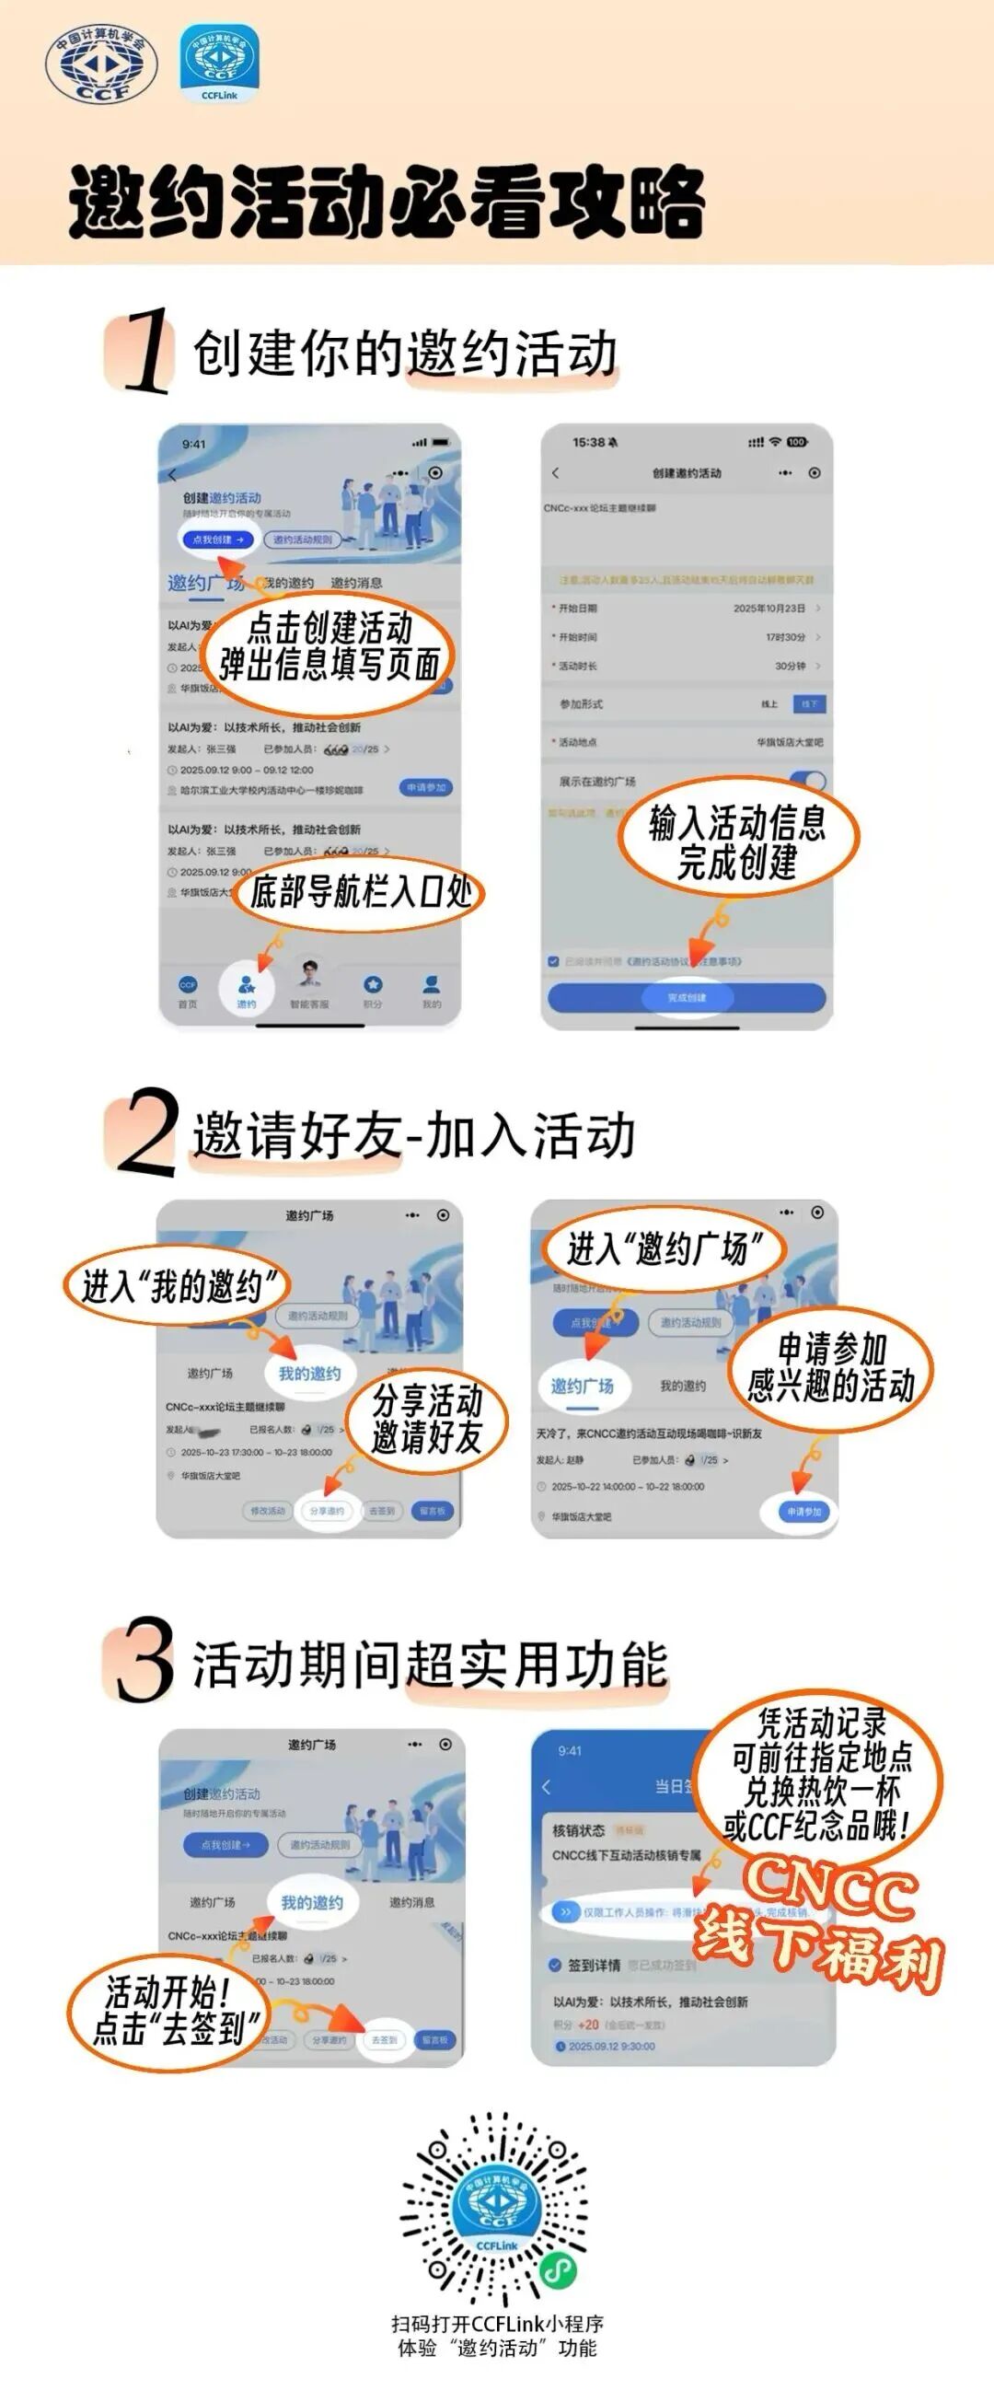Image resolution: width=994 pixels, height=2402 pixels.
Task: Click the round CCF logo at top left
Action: click(100, 64)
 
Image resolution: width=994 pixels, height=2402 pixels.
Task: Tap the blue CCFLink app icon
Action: click(219, 63)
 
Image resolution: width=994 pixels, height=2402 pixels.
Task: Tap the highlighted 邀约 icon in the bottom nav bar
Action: click(246, 990)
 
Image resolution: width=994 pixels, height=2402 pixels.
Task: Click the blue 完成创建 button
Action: click(687, 997)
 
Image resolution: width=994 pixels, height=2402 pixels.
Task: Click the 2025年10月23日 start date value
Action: click(769, 608)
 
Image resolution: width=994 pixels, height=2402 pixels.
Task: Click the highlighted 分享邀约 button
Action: click(327, 1511)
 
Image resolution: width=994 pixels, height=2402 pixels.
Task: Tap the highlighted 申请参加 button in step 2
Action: click(802, 1512)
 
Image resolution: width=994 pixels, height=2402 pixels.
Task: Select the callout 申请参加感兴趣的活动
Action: click(830, 1367)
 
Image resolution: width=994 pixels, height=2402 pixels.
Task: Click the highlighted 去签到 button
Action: click(384, 2039)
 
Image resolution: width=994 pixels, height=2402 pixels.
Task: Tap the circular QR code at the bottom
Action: click(496, 2208)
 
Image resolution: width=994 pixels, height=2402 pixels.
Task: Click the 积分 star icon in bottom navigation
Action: click(373, 990)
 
